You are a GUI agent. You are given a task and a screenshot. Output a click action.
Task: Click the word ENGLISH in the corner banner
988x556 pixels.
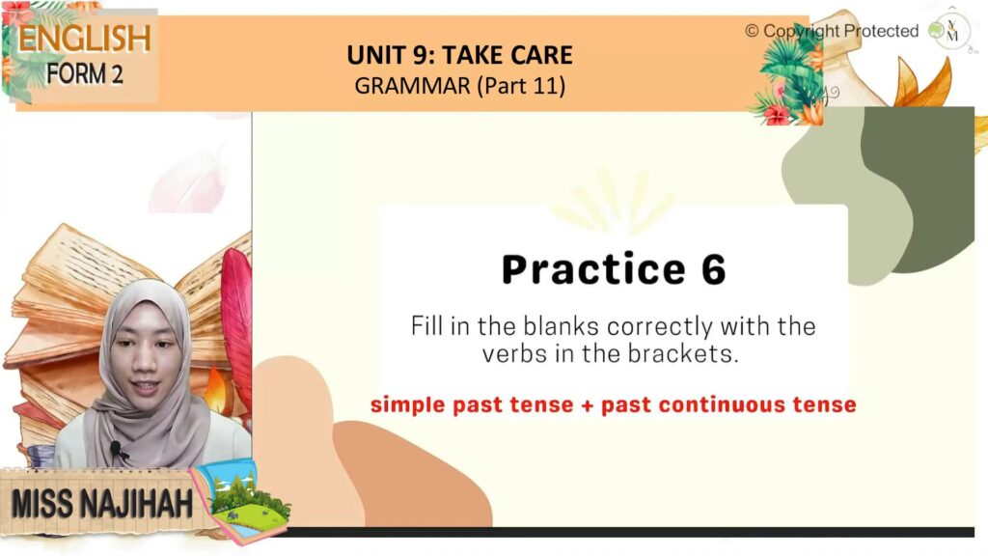click(x=85, y=39)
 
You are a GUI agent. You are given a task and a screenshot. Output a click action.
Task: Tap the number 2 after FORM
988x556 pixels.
click(x=117, y=74)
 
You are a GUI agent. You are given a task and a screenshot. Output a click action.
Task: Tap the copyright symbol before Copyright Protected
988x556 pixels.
click(x=752, y=31)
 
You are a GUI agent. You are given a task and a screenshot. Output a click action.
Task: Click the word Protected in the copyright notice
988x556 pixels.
click(x=881, y=31)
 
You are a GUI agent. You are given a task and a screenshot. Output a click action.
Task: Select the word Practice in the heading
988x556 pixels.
click(x=593, y=270)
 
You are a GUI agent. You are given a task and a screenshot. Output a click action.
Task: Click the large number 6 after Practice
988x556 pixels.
click(x=713, y=269)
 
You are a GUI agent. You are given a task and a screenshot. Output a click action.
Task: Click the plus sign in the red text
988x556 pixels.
click(x=588, y=405)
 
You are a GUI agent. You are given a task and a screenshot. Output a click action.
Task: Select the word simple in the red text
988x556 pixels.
click(x=408, y=405)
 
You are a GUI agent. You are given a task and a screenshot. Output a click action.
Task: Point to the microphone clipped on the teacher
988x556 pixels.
click(x=116, y=449)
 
